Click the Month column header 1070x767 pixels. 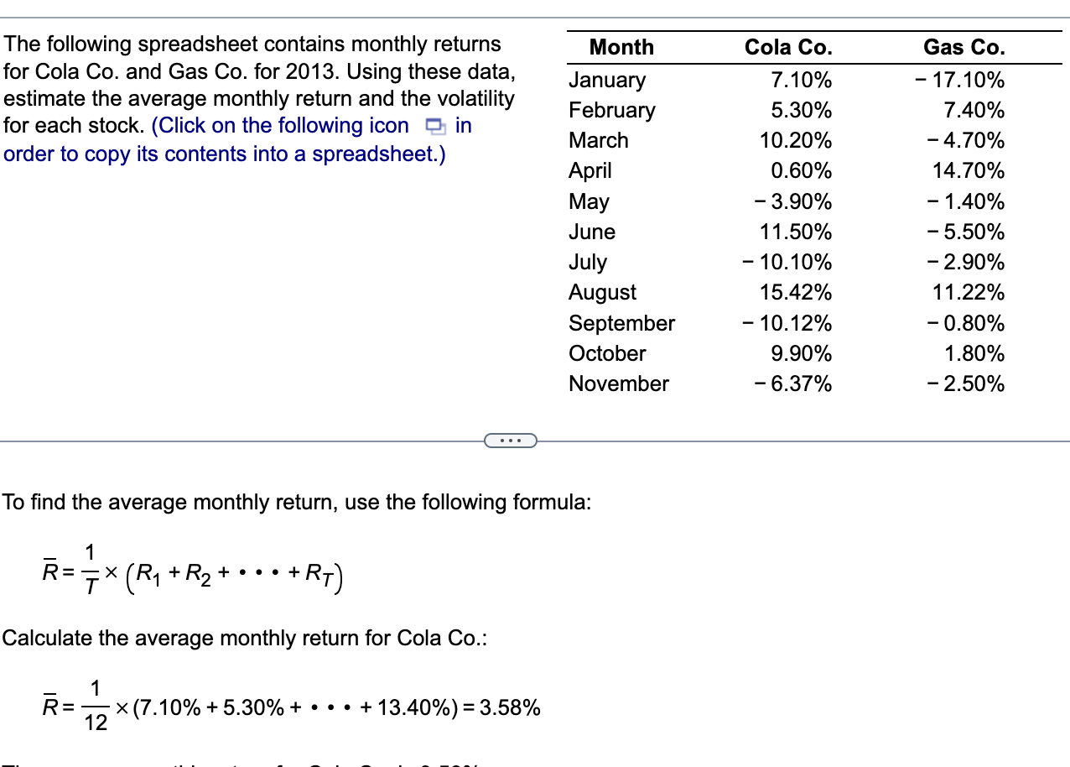pyautogui.click(x=621, y=47)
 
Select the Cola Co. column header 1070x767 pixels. pyautogui.click(x=788, y=47)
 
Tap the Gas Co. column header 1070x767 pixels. pyautogui.click(x=964, y=47)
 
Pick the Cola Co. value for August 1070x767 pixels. pyautogui.click(x=796, y=292)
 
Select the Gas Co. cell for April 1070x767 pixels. pyautogui.click(x=969, y=171)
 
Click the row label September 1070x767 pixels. pyautogui.click(x=621, y=323)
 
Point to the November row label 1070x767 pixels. pyautogui.click(x=618, y=383)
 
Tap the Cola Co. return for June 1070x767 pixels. pyautogui.click(x=796, y=232)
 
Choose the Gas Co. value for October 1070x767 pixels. pyautogui.click(x=974, y=353)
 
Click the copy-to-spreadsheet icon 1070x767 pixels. pyautogui.click(x=434, y=127)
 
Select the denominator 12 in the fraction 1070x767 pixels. pyautogui.click(x=96, y=722)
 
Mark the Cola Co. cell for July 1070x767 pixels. pyautogui.click(x=787, y=262)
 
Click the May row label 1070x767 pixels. pyautogui.click(x=589, y=201)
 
